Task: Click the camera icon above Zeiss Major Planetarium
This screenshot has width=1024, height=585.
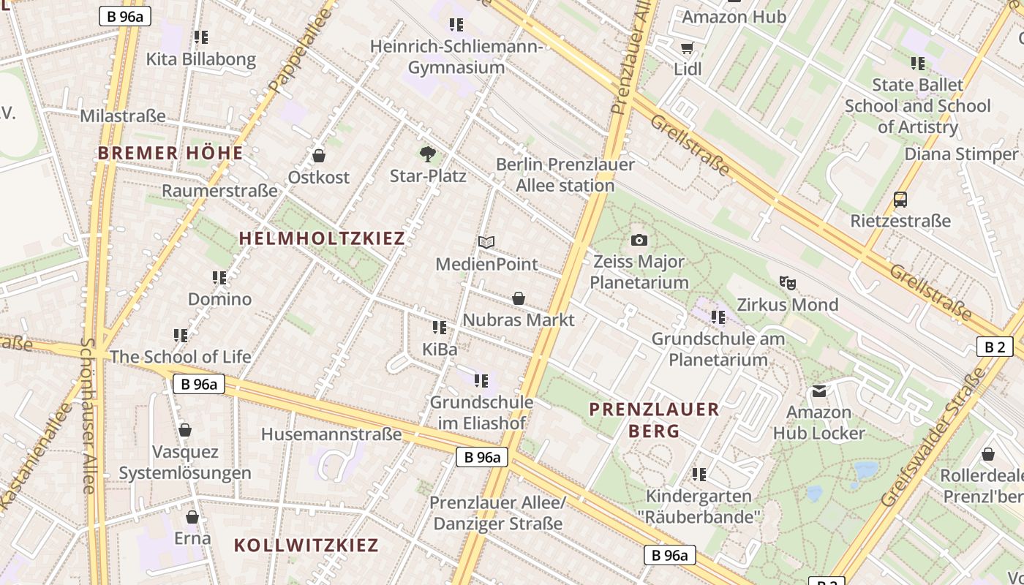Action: tap(639, 240)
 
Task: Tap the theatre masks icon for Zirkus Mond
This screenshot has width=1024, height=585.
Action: tap(787, 282)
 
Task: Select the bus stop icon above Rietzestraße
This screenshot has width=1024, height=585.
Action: tap(900, 199)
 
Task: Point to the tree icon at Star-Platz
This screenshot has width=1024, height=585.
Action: tap(428, 154)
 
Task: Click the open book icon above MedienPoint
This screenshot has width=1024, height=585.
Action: tap(486, 242)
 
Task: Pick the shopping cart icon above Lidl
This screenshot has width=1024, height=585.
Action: tap(687, 48)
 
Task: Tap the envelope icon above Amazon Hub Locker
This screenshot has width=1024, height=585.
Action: tap(819, 391)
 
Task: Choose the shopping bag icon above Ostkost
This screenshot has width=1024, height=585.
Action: tap(318, 156)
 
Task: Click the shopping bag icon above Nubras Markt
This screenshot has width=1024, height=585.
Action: tap(519, 298)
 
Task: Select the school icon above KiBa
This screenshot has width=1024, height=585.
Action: tap(440, 328)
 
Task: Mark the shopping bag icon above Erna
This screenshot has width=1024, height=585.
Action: tap(192, 518)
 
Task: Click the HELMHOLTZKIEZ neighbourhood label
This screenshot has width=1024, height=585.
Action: tap(322, 238)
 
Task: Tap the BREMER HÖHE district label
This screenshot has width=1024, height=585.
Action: tap(170, 154)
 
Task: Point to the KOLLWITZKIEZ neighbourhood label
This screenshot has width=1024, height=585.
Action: tap(306, 545)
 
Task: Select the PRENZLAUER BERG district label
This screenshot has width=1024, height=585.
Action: tap(655, 420)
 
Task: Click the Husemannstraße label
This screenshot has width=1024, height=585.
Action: tap(331, 434)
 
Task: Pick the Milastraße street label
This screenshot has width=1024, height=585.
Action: tap(123, 116)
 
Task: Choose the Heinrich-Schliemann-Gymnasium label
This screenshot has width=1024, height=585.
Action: tap(456, 57)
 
